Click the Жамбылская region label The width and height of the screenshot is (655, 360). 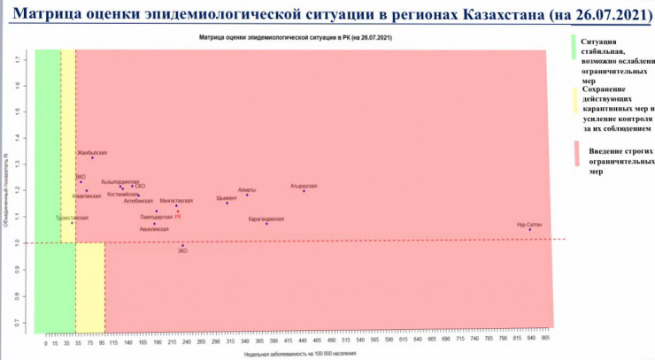click(92, 153)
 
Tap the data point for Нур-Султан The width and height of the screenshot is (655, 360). click(530, 229)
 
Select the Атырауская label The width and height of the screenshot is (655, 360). click(303, 186)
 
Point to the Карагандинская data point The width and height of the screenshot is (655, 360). click(266, 224)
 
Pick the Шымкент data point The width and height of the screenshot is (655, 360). click(227, 203)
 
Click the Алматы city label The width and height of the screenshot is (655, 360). click(247, 189)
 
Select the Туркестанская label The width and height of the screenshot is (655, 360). click(72, 217)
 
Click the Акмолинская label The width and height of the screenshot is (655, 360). click(154, 229)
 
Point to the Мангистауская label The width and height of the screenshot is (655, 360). click(176, 201)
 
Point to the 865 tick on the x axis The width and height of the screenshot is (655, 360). click(546, 341)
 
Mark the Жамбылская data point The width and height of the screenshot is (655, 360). click(92, 157)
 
